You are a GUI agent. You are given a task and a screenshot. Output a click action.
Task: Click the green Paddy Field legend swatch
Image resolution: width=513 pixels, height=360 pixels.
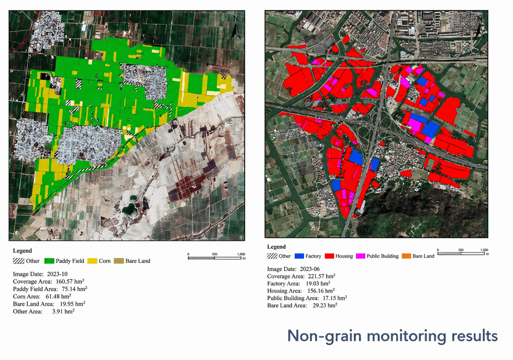49,261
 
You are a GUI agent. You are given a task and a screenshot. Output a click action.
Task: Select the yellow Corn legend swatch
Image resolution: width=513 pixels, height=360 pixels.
92,261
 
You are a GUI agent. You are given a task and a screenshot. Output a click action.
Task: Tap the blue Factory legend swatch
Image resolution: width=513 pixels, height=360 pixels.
299,256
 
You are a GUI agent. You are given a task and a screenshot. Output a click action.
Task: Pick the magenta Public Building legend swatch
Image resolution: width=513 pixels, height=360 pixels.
361,256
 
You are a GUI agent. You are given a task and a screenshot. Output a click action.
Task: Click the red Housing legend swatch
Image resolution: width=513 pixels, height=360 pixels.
329,256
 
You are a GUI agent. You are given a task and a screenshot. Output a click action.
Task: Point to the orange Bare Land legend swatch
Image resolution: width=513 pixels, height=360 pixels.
406,256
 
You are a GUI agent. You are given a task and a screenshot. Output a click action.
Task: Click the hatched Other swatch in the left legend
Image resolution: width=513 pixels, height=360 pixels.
19,261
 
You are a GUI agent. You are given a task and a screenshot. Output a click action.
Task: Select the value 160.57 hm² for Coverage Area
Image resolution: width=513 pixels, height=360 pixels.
70,282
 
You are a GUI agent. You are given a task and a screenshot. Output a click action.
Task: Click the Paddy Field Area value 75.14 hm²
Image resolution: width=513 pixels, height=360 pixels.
74,289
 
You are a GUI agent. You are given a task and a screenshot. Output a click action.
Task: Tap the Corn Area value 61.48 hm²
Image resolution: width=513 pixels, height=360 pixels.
58,297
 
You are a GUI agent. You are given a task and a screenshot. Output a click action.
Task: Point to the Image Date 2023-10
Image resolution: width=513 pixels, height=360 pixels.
57,274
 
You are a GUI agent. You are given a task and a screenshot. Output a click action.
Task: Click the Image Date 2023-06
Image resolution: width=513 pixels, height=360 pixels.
310,269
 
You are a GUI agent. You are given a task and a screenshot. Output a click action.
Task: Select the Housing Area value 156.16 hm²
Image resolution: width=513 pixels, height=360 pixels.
321,291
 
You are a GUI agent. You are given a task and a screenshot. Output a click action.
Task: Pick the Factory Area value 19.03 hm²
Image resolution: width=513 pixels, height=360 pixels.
318,284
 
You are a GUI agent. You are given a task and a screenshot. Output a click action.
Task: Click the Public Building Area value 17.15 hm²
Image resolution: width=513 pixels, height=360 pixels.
335,298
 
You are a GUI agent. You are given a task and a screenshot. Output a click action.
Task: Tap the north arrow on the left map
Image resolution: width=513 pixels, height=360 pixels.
235,27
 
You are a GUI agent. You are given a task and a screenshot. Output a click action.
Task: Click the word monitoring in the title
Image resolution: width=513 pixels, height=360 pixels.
406,336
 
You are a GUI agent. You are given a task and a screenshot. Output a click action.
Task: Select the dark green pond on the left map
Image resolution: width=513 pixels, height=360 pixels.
129,208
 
